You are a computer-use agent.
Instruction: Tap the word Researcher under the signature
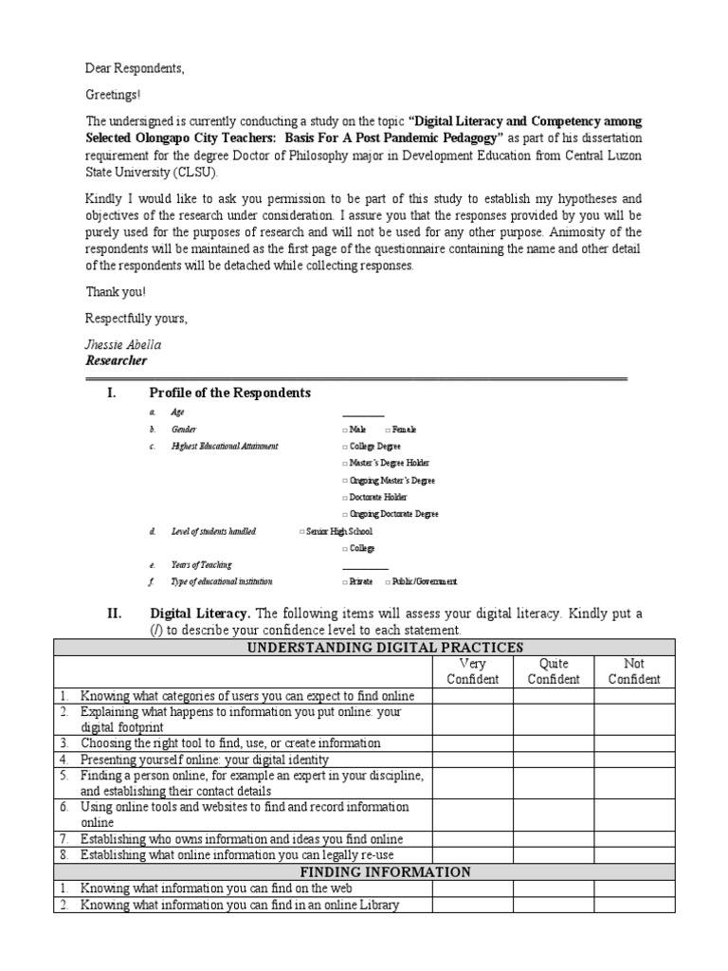point(117,360)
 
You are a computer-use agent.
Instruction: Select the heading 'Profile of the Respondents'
point(229,393)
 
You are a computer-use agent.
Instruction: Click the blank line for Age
point(363,412)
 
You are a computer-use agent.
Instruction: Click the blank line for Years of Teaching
point(365,565)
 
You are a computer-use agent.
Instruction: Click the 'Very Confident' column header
point(472,671)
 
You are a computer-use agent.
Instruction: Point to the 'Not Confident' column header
point(634,671)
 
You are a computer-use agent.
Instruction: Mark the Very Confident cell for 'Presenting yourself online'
point(472,760)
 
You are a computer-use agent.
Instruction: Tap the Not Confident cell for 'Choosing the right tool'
point(634,742)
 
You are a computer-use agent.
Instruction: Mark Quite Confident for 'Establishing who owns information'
point(553,839)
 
